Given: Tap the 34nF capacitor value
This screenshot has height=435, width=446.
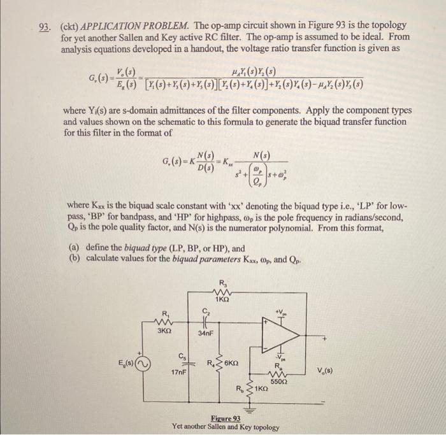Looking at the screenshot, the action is [205, 332].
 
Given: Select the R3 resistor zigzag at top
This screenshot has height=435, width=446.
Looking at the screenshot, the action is [221, 292].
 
